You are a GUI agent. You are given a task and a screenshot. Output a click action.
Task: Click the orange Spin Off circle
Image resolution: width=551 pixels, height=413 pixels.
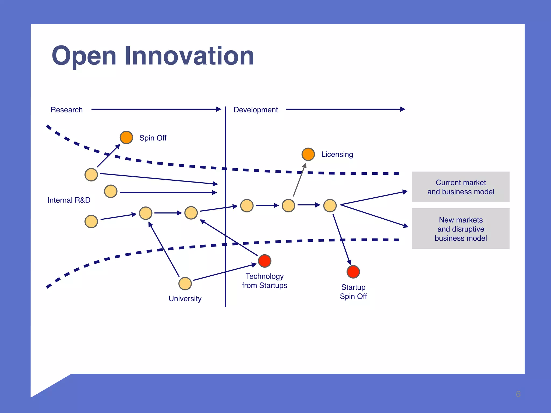126,137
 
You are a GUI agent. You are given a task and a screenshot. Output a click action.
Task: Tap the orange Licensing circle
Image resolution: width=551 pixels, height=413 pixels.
308,154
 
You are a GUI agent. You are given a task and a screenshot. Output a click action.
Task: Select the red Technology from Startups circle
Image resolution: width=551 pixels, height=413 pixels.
264,261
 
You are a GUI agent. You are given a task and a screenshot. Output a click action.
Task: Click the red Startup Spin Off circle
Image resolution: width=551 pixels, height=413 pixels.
353,272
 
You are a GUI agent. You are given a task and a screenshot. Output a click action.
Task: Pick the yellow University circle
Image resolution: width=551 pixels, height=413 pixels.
185,284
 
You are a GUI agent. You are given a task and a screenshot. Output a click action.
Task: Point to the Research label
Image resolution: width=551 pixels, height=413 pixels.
66,110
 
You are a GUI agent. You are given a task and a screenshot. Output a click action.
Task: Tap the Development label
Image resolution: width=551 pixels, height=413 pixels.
256,110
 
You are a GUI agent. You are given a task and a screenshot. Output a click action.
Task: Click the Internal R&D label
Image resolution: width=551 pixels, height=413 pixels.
69,200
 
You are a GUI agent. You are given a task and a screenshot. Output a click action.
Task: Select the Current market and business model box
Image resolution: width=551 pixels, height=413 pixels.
461,187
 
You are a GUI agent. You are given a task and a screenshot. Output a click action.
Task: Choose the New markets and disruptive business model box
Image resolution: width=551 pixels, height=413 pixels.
461,229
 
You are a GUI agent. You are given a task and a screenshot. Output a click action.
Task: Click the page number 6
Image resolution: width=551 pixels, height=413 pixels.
518,394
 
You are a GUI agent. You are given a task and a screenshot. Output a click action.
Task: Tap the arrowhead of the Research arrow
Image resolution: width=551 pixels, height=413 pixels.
219,109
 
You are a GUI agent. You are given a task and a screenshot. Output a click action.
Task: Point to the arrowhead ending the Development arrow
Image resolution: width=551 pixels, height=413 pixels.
403,109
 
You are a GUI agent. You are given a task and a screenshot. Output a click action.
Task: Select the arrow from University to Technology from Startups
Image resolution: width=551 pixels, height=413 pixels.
225,272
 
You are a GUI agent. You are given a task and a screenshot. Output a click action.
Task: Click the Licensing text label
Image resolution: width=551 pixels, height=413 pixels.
337,154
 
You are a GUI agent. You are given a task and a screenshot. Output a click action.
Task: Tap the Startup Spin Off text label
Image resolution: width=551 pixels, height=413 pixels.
353,292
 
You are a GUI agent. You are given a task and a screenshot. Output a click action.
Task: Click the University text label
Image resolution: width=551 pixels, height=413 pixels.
185,298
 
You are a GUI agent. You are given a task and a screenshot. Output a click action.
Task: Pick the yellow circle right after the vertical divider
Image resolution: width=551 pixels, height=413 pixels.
247,206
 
